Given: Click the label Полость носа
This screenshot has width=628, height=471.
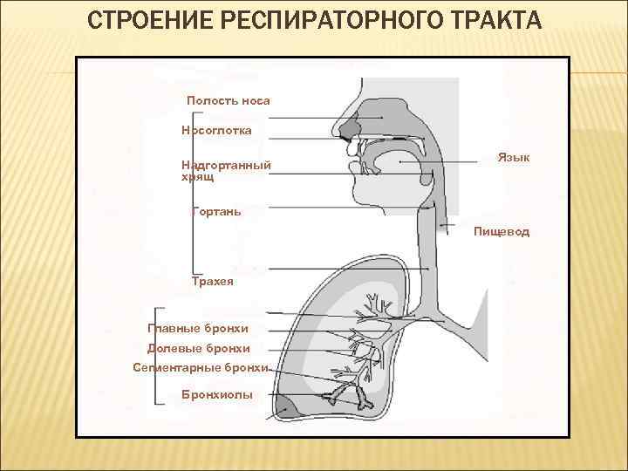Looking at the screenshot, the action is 229,100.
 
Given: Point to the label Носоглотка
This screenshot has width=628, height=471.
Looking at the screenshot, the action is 216,130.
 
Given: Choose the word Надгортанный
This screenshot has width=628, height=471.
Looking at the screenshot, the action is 226,165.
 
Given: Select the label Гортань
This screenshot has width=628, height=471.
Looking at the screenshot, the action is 215,211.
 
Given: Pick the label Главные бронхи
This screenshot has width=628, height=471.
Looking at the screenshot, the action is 199,327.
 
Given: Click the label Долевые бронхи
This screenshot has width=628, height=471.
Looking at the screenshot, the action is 199,348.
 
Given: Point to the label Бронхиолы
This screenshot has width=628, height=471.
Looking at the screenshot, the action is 217,395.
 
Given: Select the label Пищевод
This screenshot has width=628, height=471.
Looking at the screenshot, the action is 502,232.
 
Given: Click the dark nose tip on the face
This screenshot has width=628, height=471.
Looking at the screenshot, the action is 350,130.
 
